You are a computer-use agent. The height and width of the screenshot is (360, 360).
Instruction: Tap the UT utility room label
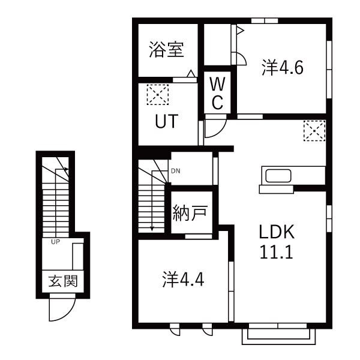(x=166, y=122)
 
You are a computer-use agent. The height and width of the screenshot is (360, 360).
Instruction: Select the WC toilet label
(x=217, y=94)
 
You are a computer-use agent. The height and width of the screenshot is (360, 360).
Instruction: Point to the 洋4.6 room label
(x=282, y=68)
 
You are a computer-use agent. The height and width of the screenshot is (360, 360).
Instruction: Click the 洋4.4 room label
(x=184, y=280)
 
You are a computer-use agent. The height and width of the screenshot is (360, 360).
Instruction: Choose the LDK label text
(x=276, y=232)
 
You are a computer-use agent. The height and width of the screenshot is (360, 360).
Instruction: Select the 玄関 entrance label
(x=62, y=281)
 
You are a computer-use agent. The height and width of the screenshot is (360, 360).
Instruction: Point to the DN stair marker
(x=175, y=171)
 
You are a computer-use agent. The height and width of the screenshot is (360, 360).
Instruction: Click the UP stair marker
(x=55, y=242)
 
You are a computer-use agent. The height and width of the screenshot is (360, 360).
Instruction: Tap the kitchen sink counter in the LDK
(x=277, y=178)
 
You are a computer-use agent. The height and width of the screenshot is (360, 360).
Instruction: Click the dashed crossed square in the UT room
(x=158, y=94)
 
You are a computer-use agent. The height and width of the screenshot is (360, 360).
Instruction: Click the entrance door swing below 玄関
(x=60, y=311)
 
